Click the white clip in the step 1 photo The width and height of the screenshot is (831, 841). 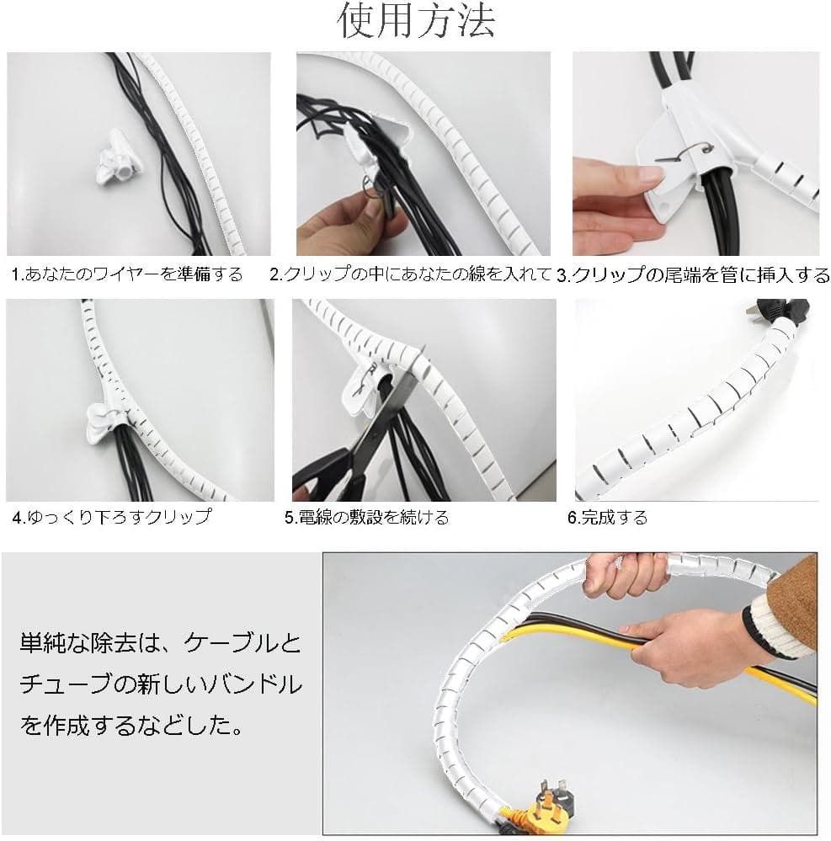116,160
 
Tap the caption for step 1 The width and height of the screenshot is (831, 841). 127,274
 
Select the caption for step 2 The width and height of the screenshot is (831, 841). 410,274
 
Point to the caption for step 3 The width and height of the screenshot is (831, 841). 693,274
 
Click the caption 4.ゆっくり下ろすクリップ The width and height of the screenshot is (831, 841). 112,517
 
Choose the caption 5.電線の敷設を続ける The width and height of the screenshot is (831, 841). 366,518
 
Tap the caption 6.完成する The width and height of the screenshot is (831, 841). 607,518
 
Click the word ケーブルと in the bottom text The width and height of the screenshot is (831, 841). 242,643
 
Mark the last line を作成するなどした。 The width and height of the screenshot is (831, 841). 132,727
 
